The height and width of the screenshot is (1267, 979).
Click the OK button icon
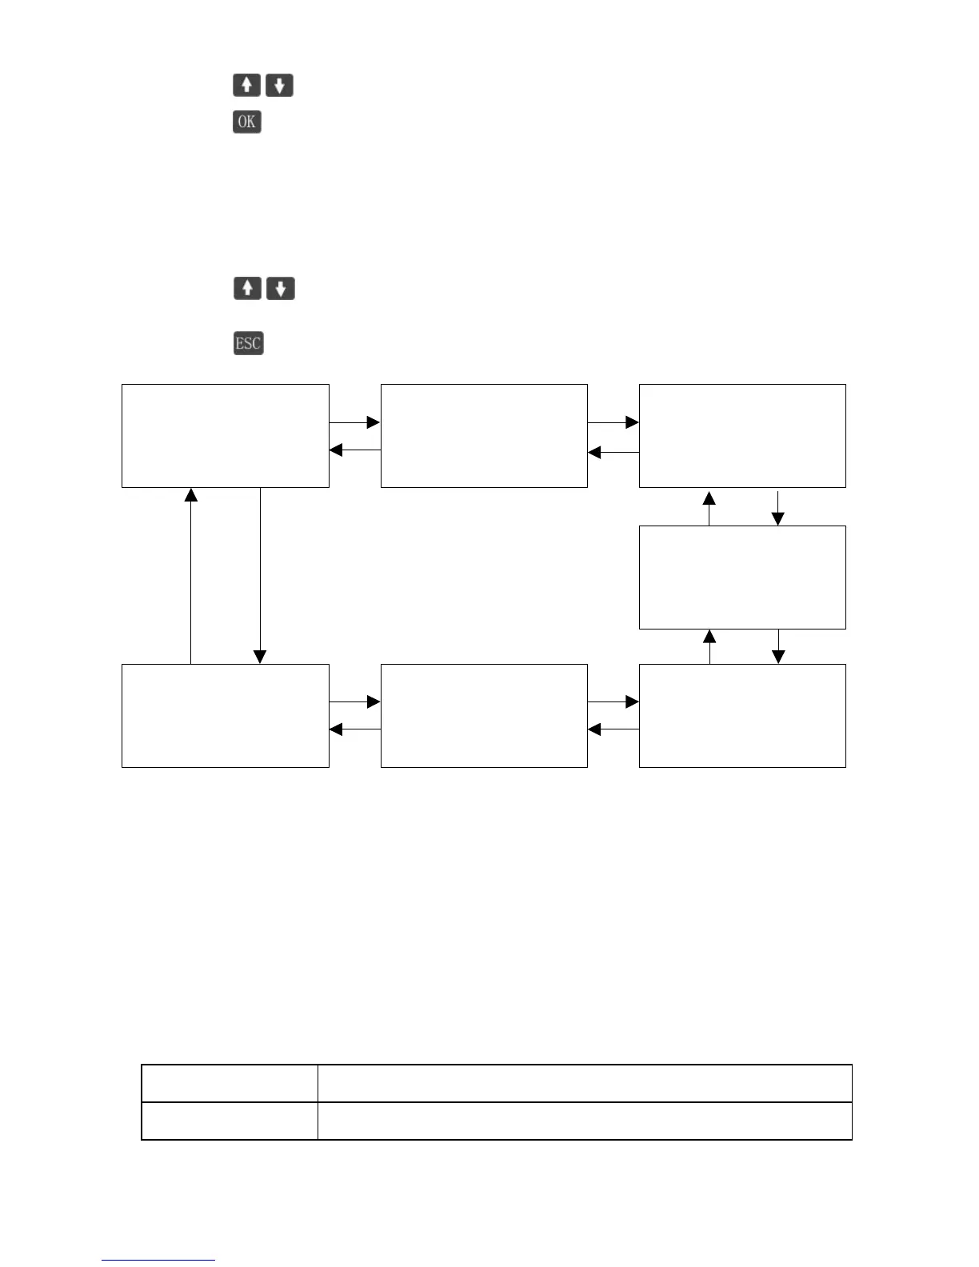coord(247,122)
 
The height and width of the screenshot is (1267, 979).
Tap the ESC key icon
coord(248,343)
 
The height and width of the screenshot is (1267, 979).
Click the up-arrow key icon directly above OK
coord(246,85)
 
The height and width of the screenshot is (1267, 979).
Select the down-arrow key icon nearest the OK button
coord(279,85)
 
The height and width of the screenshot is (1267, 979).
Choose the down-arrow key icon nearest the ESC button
coord(280,288)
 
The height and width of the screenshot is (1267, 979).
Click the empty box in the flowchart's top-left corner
coord(226,435)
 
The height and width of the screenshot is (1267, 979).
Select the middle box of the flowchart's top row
coord(484,435)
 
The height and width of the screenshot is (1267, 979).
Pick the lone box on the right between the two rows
coord(742,577)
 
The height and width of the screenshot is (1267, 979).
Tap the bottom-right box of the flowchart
coord(742,715)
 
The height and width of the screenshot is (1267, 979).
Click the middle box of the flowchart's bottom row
coord(484,715)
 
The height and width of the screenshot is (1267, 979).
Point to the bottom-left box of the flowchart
coord(226,715)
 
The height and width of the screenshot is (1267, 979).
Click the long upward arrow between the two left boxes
coord(191,576)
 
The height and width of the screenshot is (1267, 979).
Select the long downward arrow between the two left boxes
coord(260,576)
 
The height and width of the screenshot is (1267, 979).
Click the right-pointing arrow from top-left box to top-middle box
coord(354,422)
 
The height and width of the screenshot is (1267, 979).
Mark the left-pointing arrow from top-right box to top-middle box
coord(613,453)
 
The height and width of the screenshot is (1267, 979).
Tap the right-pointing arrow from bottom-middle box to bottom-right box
coord(613,701)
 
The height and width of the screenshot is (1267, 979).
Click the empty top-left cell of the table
coord(230,1083)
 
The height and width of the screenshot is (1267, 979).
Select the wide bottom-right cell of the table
coord(584,1121)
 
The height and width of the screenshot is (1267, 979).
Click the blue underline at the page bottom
coord(158,1260)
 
